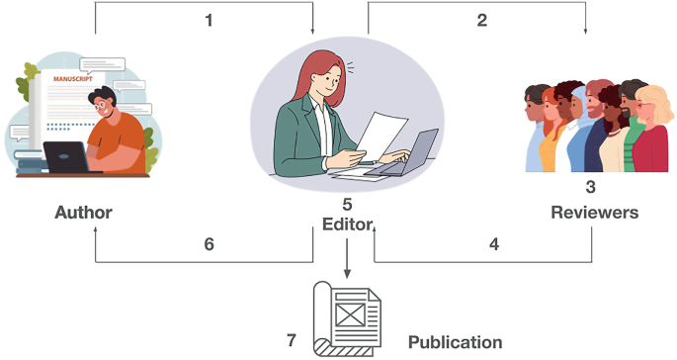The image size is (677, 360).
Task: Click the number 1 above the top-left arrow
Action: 209,21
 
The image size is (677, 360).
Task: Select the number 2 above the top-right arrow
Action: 482,21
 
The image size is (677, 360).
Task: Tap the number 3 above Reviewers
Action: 590,187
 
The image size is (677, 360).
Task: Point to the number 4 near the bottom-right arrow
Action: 494,244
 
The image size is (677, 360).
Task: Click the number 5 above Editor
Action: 347,205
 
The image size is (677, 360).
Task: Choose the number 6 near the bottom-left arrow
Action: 209,244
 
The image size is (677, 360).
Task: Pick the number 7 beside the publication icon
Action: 292,340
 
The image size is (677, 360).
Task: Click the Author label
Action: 83,213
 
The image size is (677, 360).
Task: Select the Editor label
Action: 348,225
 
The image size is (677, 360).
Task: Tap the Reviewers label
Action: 595,213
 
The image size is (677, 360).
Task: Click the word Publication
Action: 455,342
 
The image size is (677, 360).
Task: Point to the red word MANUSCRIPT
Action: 72,79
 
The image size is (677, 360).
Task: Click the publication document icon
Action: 347,318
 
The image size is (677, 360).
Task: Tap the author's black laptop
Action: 66,157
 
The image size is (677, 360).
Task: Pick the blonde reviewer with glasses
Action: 651,130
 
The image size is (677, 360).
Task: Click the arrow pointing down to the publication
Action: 347,257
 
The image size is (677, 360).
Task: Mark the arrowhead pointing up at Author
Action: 96,229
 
